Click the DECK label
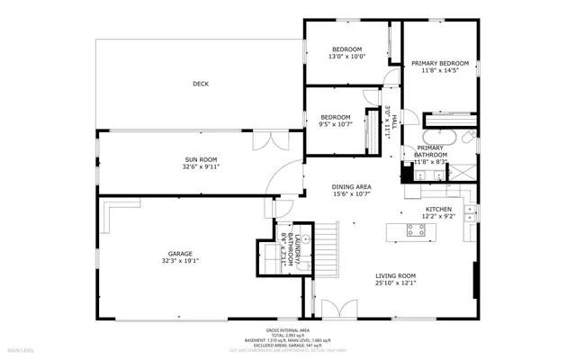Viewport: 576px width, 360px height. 200,85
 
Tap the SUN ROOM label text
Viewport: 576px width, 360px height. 202,159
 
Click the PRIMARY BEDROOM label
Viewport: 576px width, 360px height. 441,64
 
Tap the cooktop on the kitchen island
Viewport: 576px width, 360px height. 416,230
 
